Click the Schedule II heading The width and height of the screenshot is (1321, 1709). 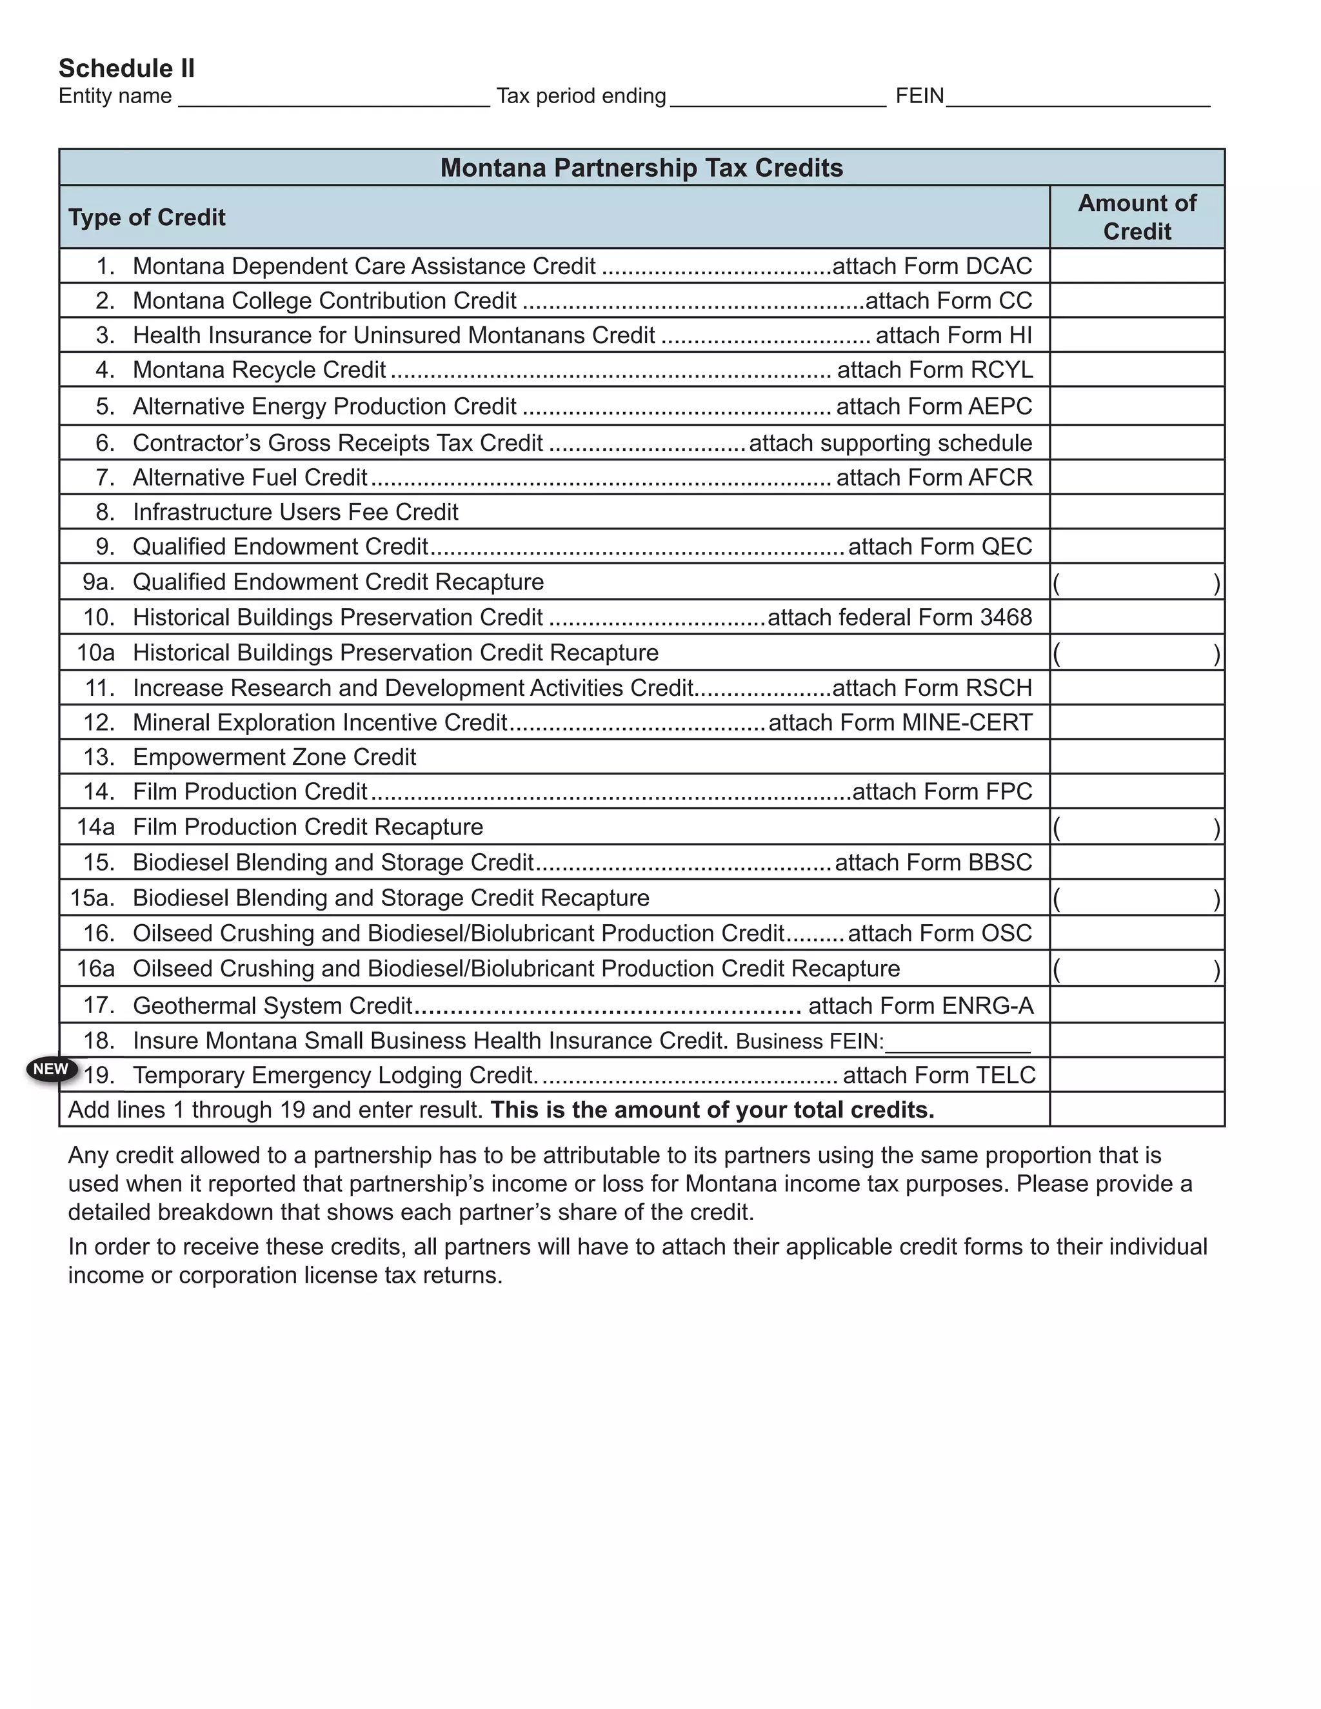tap(127, 69)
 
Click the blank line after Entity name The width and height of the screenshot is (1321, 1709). tap(334, 99)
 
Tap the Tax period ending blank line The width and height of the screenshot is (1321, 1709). tap(778, 99)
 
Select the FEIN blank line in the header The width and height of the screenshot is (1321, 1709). tap(1078, 99)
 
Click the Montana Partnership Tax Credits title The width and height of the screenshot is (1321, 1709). tap(641, 168)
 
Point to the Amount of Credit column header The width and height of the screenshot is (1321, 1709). tap(1137, 217)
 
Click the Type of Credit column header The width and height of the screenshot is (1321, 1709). tap(147, 217)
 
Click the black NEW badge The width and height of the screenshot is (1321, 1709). tap(51, 1069)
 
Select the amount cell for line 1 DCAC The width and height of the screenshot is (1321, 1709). tap(1137, 266)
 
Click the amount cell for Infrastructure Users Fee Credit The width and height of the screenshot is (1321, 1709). tap(1137, 512)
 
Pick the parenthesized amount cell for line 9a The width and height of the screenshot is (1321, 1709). tap(1137, 582)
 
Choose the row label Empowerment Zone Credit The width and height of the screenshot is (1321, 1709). tap(274, 756)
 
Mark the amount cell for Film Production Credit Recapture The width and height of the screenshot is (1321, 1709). tap(1137, 827)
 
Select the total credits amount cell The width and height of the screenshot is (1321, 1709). tap(1137, 1110)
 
